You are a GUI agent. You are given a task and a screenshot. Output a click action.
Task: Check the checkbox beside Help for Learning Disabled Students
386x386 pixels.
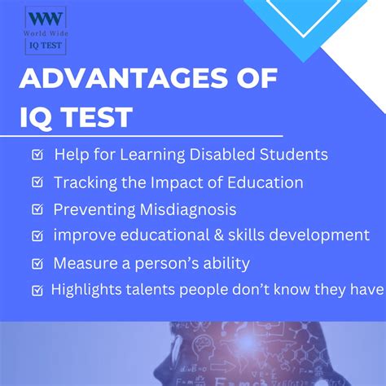pyautogui.click(x=37, y=155)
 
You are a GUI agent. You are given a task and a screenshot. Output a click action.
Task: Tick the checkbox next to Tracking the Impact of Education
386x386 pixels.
pyautogui.click(x=37, y=182)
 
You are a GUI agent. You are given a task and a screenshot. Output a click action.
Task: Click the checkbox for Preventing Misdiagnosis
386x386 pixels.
pyautogui.click(x=37, y=209)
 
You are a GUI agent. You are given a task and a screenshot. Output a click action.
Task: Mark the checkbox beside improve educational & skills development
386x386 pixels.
pyautogui.click(x=37, y=236)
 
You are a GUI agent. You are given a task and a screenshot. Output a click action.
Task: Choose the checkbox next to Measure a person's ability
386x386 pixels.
pyautogui.click(x=37, y=263)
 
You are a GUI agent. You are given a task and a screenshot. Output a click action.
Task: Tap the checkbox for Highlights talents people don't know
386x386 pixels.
pyautogui.click(x=37, y=290)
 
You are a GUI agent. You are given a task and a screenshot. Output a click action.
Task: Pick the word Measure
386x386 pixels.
pyautogui.click(x=85, y=263)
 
